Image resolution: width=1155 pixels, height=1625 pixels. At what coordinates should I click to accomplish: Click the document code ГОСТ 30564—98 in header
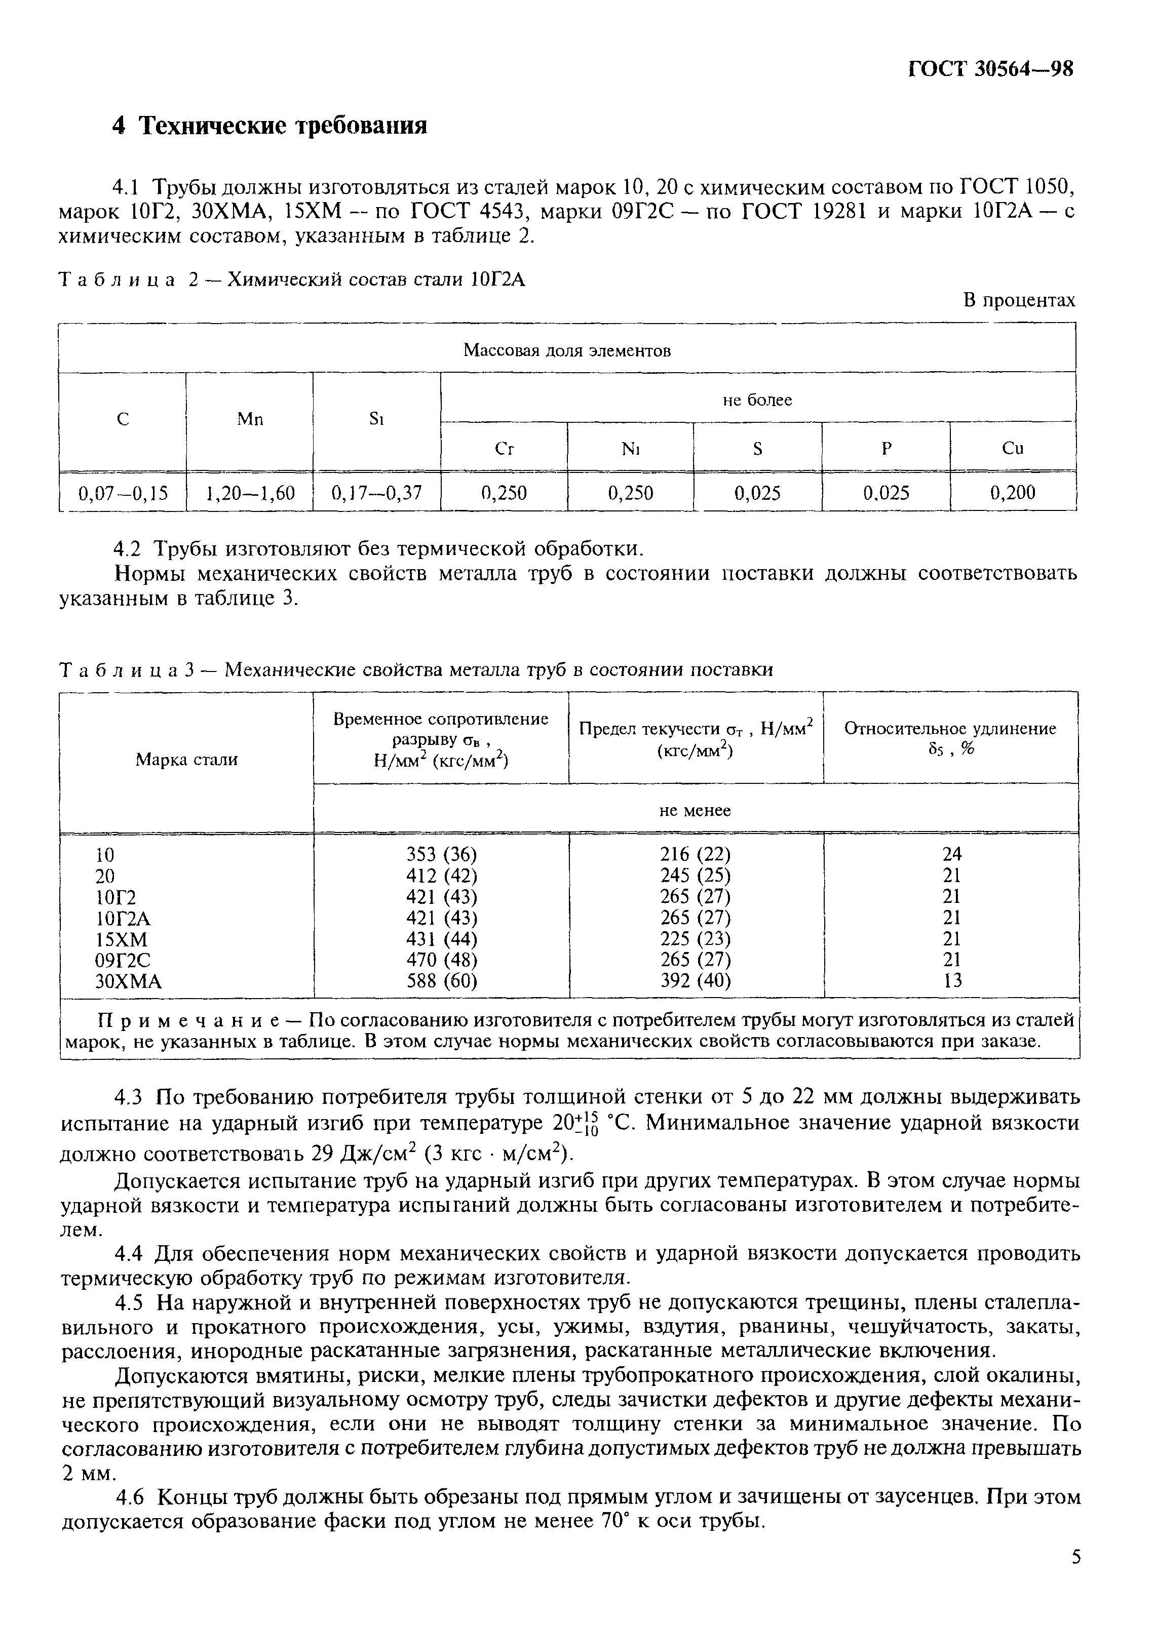pos(991,69)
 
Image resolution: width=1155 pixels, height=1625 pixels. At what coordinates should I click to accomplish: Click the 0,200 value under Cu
pos(1012,492)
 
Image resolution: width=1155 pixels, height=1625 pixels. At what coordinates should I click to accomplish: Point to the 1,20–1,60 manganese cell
pos(250,492)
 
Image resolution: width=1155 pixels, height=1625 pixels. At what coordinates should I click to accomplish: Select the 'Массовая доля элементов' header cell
pos(566,350)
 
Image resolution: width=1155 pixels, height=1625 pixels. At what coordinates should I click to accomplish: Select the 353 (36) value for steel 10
pos(441,854)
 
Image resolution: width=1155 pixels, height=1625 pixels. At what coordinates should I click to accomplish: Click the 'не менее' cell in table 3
pos(695,810)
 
